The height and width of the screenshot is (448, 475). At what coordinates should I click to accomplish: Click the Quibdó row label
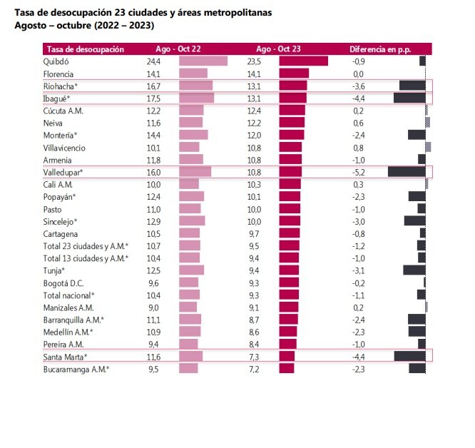coord(56,61)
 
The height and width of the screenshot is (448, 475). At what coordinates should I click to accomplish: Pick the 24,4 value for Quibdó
coord(153,61)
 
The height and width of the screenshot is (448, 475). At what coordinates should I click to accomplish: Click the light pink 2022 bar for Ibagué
coord(196,98)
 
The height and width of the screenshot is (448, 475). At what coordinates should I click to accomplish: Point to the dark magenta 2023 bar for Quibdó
coord(303,61)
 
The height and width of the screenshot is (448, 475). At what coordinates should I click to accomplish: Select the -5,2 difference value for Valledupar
coord(359,172)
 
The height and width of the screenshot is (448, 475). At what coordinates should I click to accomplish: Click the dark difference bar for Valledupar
coord(407,172)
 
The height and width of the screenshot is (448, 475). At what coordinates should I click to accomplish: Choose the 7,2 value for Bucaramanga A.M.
coord(253,369)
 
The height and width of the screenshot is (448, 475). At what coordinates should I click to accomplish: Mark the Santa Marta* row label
coord(66,357)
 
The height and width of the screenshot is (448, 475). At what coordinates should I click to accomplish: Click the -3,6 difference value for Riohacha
coord(359,86)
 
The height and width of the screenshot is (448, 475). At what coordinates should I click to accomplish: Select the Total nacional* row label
coord(69,295)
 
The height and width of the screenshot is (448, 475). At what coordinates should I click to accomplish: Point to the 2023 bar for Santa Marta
coord(287,357)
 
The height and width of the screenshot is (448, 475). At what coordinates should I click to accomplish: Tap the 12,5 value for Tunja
coord(153,270)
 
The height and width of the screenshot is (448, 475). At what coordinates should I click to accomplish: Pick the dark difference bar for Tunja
coord(414,270)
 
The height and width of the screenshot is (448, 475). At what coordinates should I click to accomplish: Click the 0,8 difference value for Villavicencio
coord(359,147)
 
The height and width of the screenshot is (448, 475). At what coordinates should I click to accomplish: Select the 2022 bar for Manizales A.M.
coord(188,307)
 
